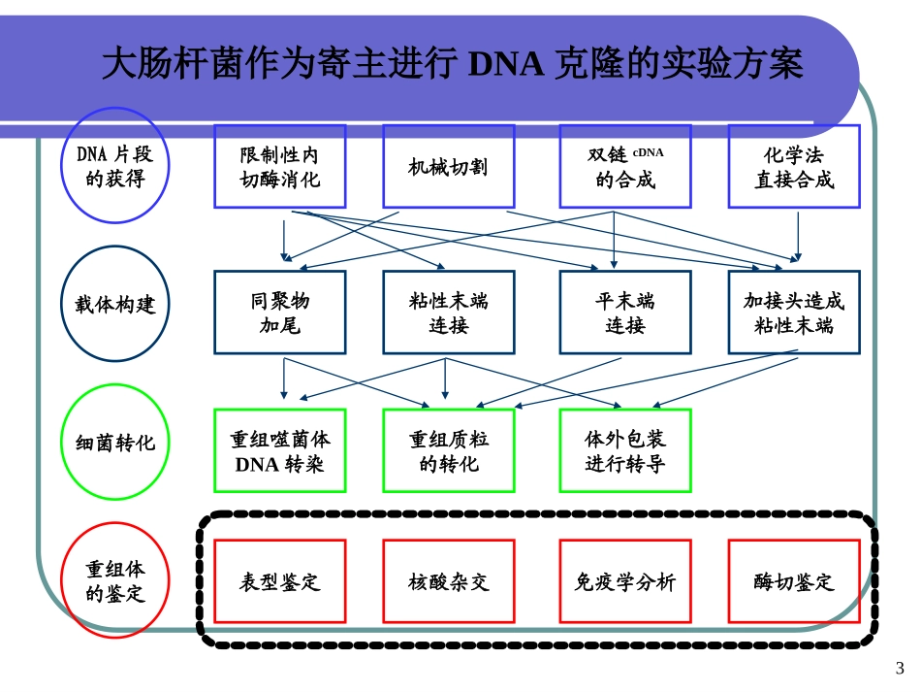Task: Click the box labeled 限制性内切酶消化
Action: [279, 166]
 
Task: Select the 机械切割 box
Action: [448, 166]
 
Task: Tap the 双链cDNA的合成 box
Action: [625, 166]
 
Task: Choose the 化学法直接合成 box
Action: [794, 166]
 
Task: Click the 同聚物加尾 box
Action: [279, 312]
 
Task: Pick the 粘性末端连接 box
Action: [448, 312]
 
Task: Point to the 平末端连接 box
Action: [625, 312]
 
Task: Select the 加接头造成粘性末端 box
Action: [794, 312]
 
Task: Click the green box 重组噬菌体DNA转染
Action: [279, 450]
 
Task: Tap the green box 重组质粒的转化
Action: [448, 450]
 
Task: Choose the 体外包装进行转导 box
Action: [625, 450]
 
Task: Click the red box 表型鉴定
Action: [279, 580]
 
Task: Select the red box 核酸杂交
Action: [448, 580]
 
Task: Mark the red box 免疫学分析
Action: [625, 580]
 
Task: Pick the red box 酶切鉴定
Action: [794, 580]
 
